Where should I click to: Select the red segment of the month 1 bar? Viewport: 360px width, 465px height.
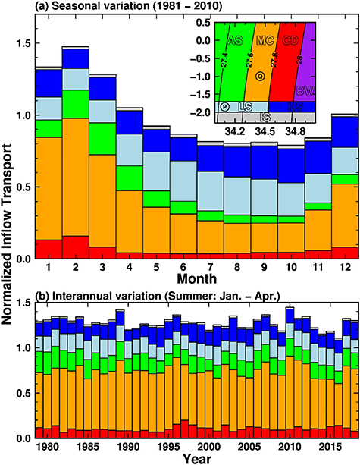tap(49, 250)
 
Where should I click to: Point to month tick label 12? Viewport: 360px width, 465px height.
tap(343, 269)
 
